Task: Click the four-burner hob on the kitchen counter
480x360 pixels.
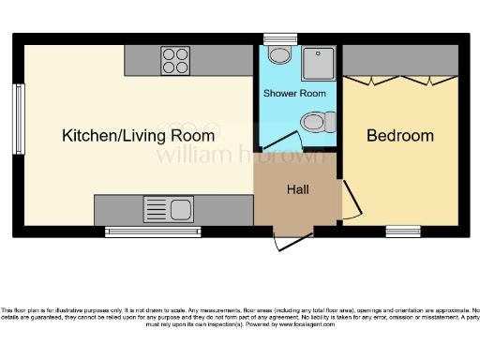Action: point(174,60)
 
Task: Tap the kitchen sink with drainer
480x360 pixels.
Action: point(167,209)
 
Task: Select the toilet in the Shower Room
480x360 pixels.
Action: point(316,121)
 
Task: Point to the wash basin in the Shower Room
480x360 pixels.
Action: point(278,55)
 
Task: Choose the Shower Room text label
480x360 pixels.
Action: point(294,94)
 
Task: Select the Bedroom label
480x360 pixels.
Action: point(400,136)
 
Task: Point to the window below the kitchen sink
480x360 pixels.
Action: point(145,231)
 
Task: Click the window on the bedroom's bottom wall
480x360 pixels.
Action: point(403,231)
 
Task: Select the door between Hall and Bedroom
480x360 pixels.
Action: point(347,200)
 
